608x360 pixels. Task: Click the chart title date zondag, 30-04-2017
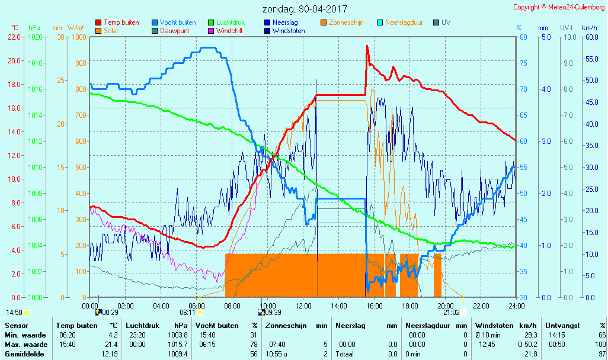click(x=305, y=9)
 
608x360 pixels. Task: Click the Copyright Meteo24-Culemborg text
click(x=559, y=7)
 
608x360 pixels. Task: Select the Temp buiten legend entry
click(x=121, y=22)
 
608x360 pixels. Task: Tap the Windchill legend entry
click(x=228, y=31)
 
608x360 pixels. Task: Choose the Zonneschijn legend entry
click(x=345, y=22)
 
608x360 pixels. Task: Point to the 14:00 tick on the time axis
click(x=338, y=306)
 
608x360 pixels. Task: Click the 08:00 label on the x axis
click(x=232, y=306)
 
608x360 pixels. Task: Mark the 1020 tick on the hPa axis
click(x=35, y=37)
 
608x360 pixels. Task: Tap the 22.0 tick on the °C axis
click(x=14, y=37)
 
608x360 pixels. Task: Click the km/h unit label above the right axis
click(x=589, y=28)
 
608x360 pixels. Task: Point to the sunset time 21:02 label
click(x=452, y=312)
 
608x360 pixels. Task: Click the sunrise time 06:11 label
click(x=188, y=312)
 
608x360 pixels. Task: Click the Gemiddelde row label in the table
click(x=24, y=354)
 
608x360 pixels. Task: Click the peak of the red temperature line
click(x=367, y=46)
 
